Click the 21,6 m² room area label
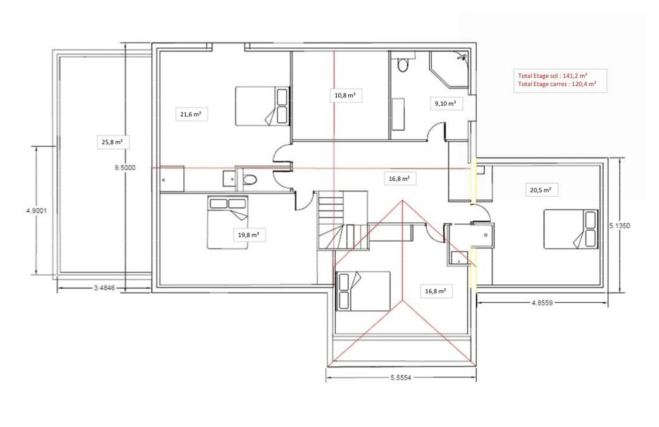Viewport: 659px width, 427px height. [191, 114]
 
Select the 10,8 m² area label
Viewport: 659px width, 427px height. [345, 95]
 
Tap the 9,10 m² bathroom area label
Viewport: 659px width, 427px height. [446, 103]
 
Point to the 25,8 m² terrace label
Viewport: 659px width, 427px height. [112, 142]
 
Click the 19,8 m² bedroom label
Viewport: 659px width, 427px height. [248, 235]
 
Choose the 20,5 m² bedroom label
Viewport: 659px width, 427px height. [541, 190]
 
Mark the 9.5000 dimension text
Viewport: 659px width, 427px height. [125, 168]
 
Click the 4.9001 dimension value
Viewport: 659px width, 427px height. [36, 211]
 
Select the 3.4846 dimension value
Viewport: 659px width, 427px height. [104, 288]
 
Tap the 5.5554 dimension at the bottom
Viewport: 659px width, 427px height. [401, 378]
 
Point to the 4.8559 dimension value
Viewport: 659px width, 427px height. [542, 303]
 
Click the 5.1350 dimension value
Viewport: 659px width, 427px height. [620, 226]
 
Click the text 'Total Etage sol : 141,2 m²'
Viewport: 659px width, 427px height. [553, 76]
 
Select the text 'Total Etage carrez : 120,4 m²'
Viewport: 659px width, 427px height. [557, 84]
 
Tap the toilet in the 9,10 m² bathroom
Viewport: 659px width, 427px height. [403, 64]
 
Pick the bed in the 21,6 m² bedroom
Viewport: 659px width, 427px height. [262, 106]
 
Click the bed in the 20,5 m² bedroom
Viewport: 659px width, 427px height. [570, 229]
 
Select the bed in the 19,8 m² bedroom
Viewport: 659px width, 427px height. [228, 222]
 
